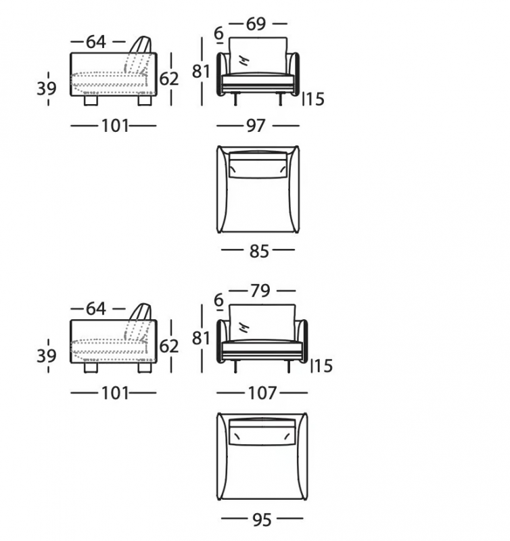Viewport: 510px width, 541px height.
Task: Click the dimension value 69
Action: (x=256, y=24)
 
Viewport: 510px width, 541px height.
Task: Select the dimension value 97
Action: (x=256, y=126)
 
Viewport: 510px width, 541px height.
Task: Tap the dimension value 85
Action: (x=259, y=251)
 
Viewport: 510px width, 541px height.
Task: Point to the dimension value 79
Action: (x=260, y=291)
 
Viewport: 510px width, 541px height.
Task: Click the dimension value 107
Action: (x=262, y=393)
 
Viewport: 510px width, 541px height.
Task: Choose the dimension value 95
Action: (x=262, y=520)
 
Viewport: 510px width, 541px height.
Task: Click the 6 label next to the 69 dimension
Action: (x=218, y=33)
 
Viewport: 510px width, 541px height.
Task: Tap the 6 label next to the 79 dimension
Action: (x=218, y=300)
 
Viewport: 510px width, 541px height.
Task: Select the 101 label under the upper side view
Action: (x=115, y=126)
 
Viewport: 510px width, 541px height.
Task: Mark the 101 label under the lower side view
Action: (x=115, y=393)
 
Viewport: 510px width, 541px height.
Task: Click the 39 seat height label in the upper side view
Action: (x=47, y=89)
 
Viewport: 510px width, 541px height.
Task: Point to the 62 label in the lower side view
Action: (x=169, y=346)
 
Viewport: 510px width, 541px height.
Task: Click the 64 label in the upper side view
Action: (x=95, y=42)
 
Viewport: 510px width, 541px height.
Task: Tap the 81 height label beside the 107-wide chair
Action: (x=201, y=338)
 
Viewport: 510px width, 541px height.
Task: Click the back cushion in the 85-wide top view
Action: (x=258, y=166)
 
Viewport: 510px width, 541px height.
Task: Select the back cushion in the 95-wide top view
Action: (x=262, y=433)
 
